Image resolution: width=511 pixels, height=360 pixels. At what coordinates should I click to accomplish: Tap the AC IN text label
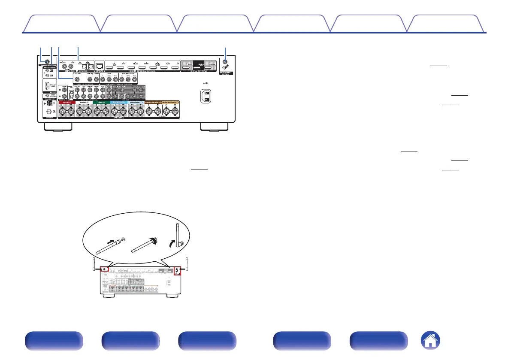(206, 83)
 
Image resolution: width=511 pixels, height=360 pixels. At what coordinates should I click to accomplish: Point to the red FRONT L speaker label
(67, 103)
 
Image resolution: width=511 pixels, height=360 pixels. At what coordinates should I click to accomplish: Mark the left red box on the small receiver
(104, 270)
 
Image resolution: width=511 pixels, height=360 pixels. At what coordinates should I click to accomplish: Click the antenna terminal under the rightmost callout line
(226, 62)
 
